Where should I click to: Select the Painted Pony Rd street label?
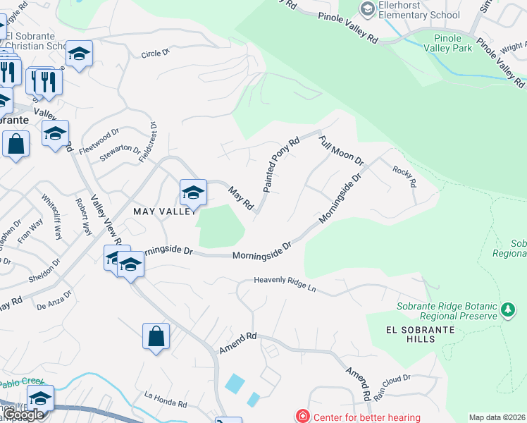click(282, 164)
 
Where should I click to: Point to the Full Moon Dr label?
click(340, 150)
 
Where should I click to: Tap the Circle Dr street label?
click(156, 54)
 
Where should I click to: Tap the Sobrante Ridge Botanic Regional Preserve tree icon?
click(507, 309)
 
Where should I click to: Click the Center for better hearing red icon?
click(302, 417)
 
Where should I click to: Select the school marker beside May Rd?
click(193, 192)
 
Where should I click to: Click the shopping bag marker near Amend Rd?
click(156, 336)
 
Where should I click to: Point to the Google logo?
click(23, 415)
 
